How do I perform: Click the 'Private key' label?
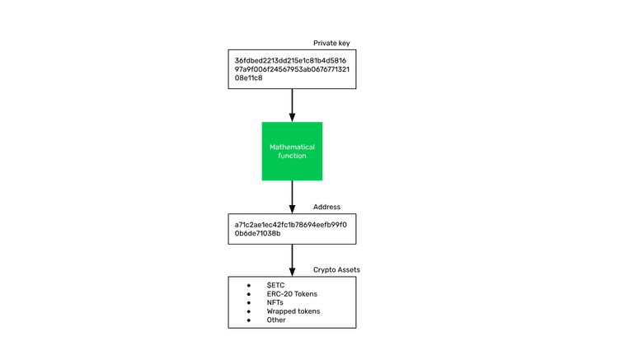pos(333,43)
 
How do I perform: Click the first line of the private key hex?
pos(290,60)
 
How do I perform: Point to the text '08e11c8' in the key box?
pos(248,78)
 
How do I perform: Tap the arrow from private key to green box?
pos(292,105)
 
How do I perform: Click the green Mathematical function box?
pos(292,151)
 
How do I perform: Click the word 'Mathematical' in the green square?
pos(292,147)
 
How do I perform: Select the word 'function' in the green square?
pos(292,156)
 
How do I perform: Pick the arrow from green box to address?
pos(292,197)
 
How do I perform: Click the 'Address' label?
pos(326,208)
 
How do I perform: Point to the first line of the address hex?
pos(290,224)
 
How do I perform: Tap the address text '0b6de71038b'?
pos(257,233)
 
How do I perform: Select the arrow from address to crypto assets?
pos(292,260)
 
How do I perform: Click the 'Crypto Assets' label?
pos(336,270)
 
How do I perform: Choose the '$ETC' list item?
pos(275,285)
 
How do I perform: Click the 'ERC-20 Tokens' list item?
pos(292,294)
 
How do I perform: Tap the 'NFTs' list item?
pos(275,302)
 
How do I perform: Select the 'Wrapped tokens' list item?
pos(293,311)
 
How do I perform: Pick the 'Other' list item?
pos(276,320)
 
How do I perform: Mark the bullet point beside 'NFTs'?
pos(248,302)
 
